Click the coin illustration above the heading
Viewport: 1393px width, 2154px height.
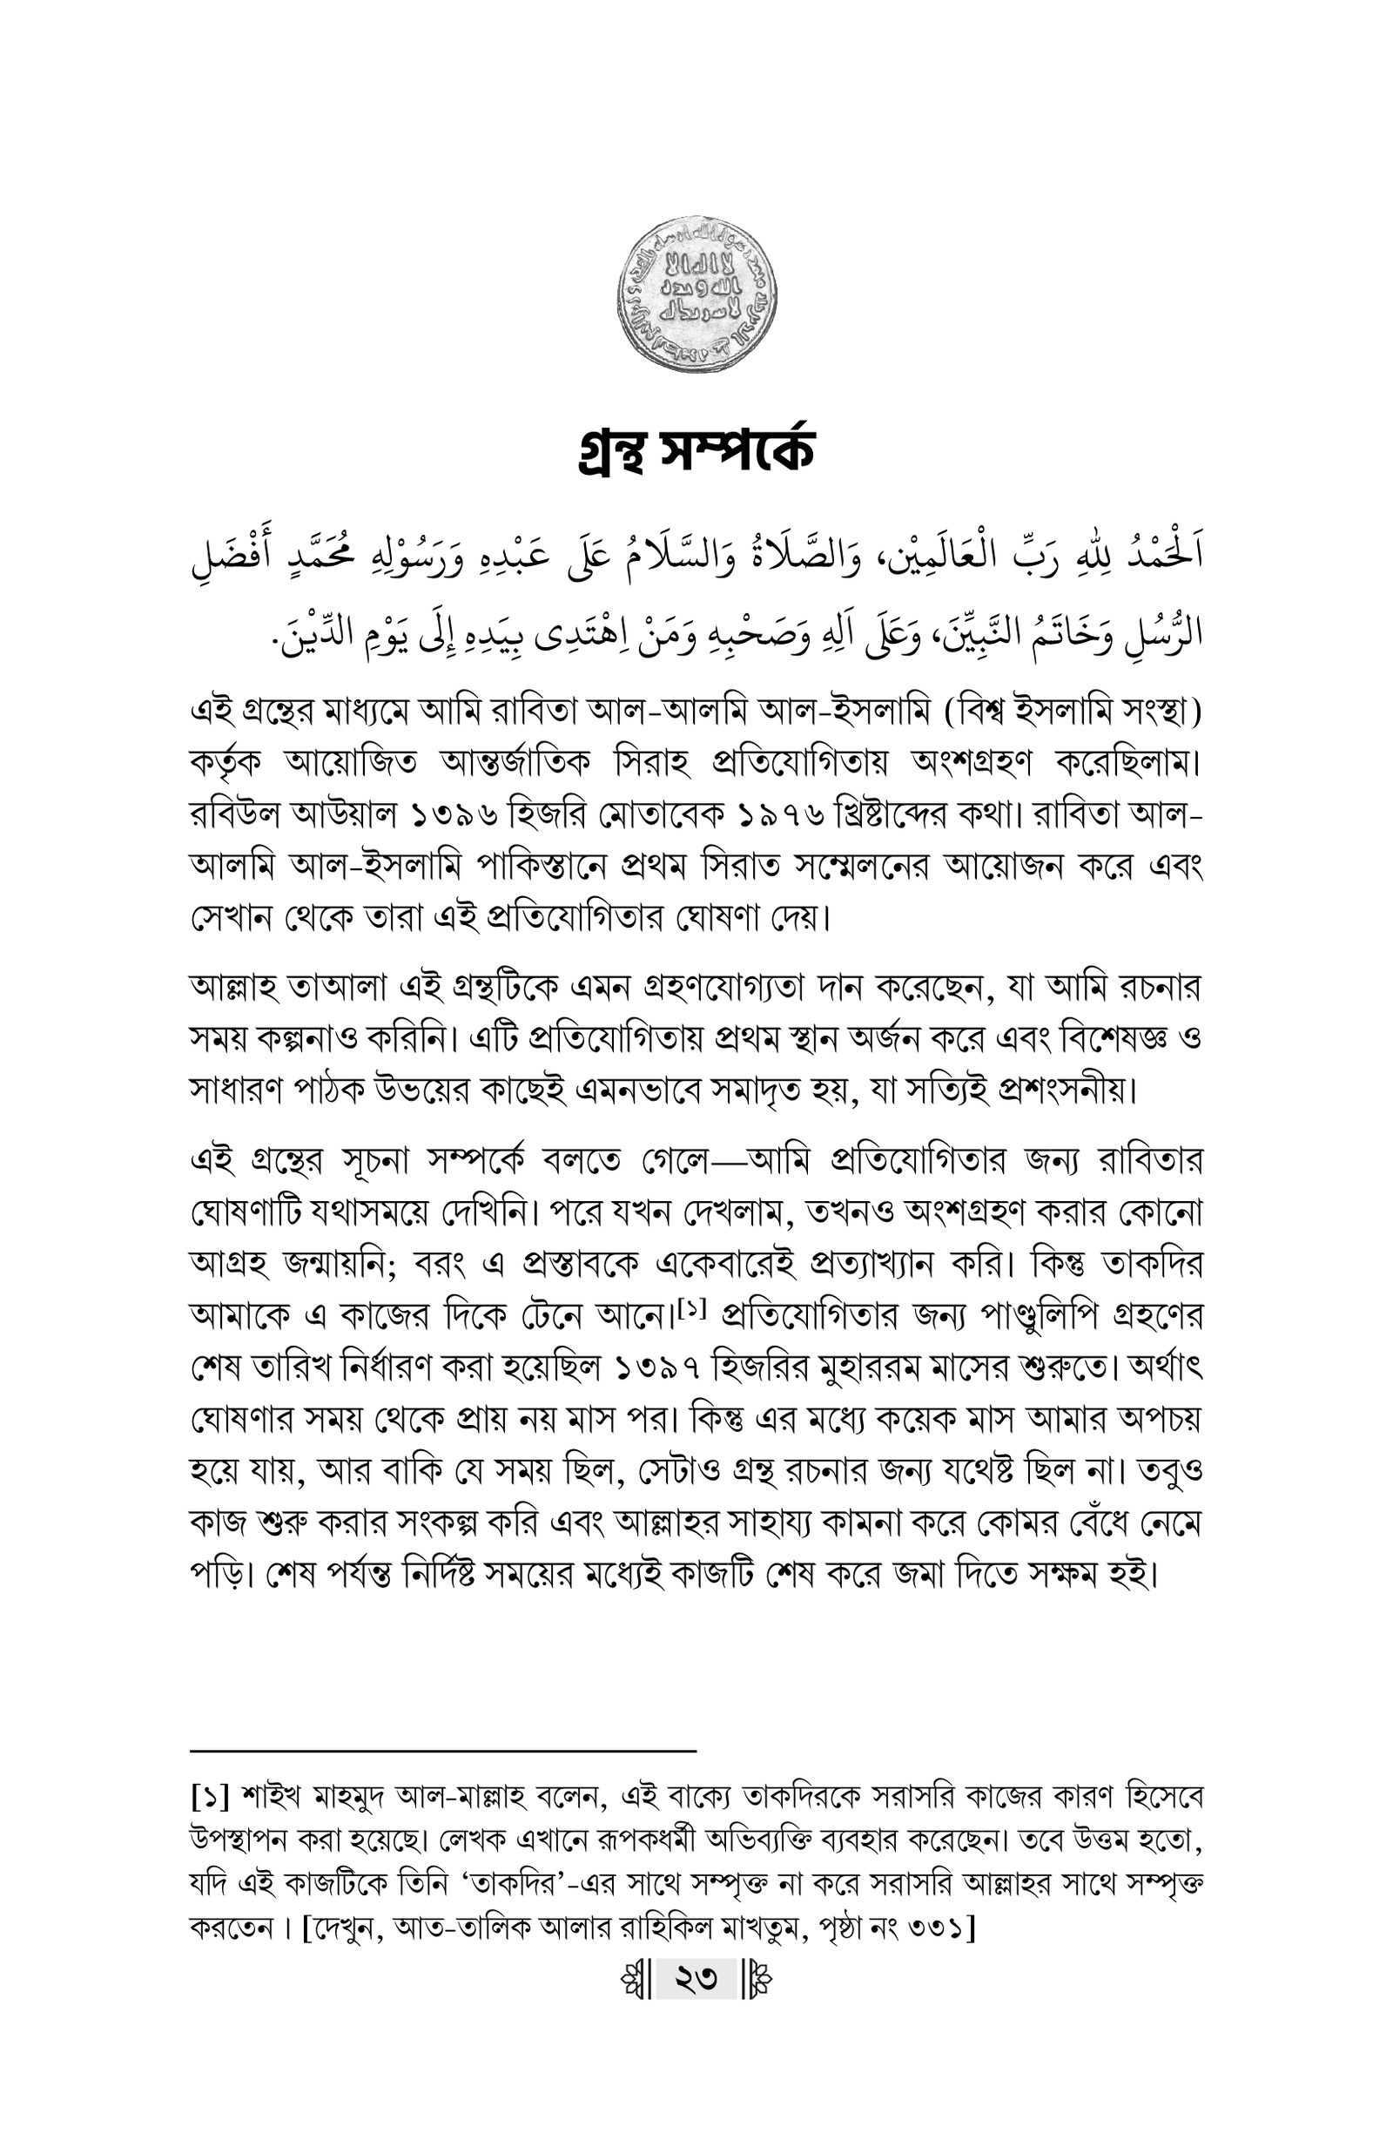pos(696,297)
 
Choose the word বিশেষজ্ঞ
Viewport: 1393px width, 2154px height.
pos(1119,1039)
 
